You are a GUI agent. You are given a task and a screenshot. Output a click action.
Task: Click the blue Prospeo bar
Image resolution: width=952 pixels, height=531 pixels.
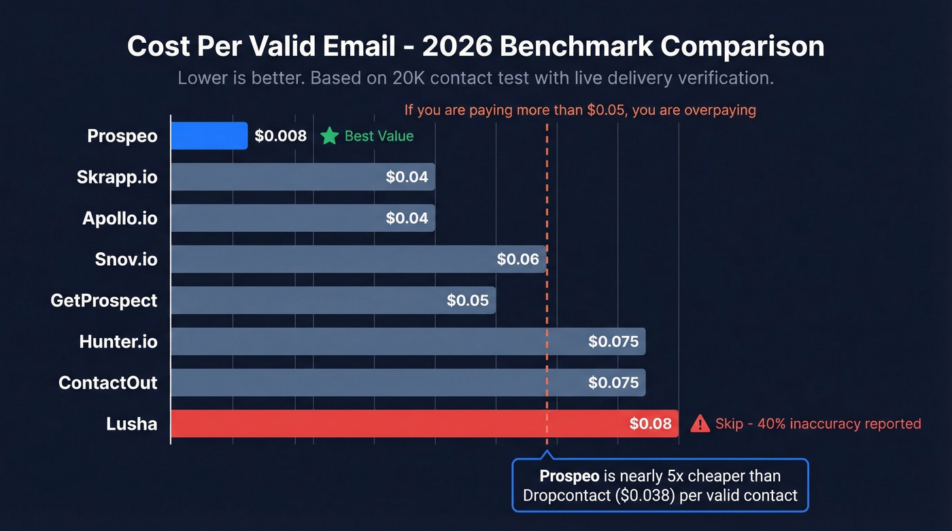[209, 136]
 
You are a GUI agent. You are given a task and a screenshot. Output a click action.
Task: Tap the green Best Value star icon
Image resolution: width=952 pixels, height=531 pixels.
[330, 136]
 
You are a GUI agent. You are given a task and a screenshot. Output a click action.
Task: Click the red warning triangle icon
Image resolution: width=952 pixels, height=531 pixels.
[700, 424]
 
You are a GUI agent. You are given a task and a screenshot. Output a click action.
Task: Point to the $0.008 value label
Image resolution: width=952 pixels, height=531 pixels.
[280, 136]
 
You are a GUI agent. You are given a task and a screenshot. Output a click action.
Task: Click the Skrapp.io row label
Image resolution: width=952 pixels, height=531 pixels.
[117, 177]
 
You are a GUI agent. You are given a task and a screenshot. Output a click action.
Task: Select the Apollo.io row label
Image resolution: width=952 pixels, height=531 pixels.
[120, 218]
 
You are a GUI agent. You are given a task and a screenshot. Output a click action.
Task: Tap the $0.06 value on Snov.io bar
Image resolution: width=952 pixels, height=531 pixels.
[517, 259]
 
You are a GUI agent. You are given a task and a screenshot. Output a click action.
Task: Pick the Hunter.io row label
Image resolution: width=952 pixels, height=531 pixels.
[118, 341]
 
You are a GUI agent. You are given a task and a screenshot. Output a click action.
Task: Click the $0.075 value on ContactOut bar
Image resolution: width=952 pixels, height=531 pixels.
[613, 383]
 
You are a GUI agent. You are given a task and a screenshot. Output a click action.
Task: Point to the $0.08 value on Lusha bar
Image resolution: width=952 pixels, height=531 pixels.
[650, 424]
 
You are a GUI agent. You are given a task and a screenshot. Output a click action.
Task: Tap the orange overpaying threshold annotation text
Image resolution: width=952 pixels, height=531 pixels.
[579, 109]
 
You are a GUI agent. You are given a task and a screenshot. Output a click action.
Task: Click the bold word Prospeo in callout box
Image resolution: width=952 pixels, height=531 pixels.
[568, 476]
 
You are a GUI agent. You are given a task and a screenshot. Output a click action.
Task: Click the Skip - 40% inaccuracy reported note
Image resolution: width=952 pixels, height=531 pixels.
[818, 424]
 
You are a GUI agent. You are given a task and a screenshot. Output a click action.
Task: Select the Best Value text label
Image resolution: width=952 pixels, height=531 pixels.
[379, 136]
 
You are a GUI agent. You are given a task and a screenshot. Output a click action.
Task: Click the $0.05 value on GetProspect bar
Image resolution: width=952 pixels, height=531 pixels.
[468, 301]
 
